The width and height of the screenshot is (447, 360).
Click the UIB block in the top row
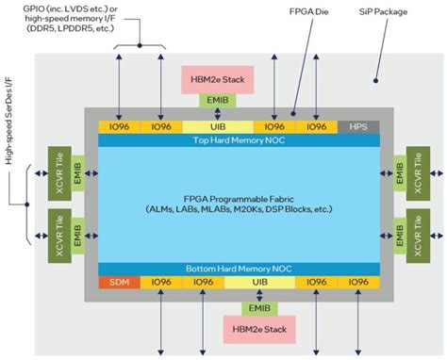click(219, 125)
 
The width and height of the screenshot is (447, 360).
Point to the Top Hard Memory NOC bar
click(239, 139)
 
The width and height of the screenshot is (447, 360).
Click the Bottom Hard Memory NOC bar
click(239, 269)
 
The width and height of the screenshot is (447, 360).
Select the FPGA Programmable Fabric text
click(239, 202)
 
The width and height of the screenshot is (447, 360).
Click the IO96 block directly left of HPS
click(316, 125)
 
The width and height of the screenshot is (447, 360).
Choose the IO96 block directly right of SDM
click(159, 282)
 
